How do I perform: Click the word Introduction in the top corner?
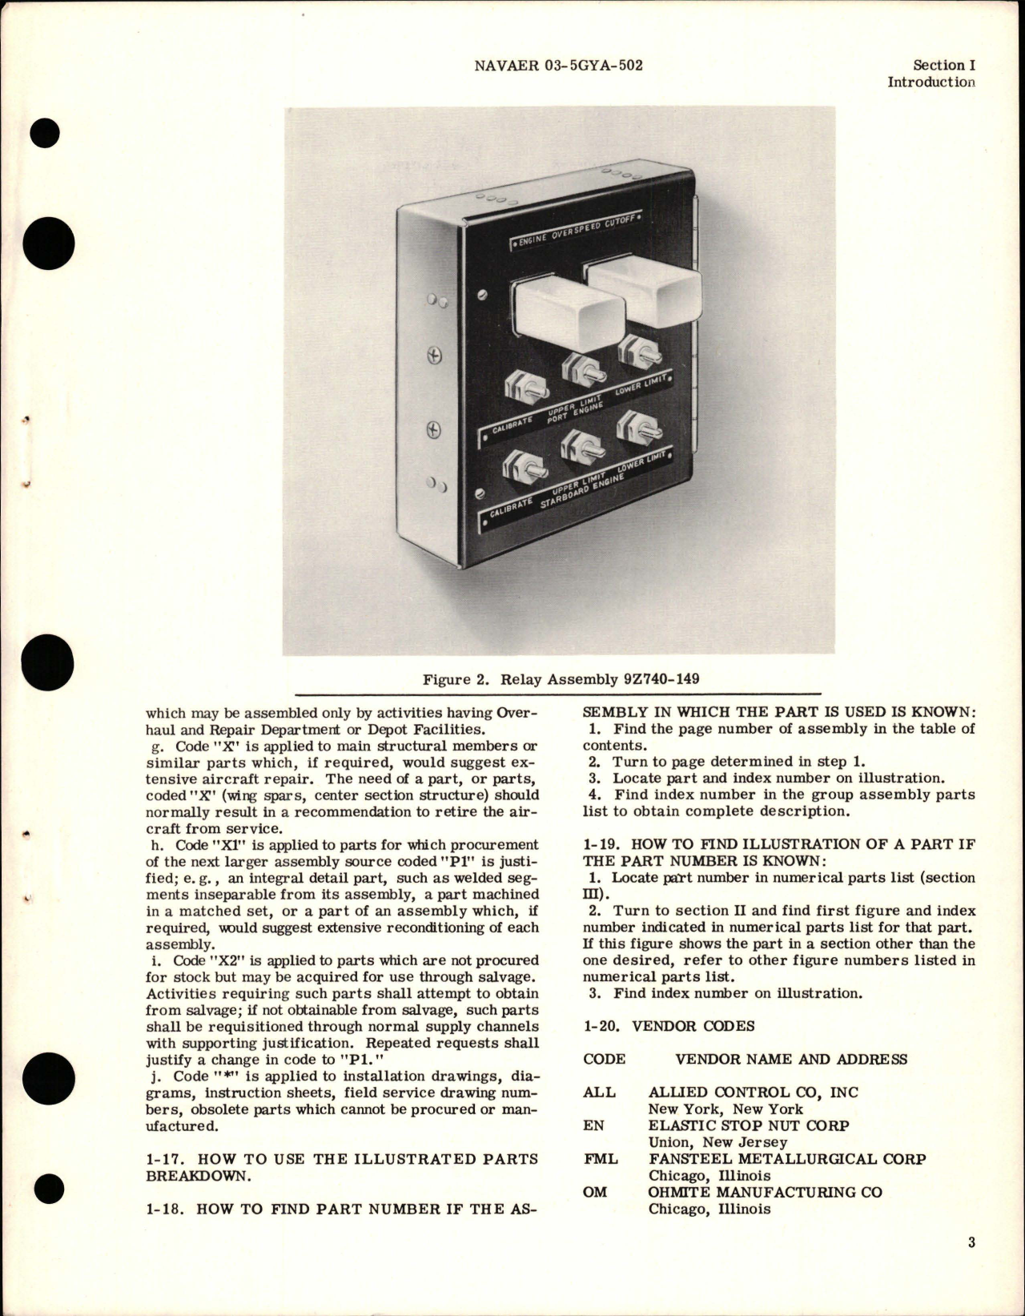pos(931,82)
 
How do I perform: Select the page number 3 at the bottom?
pos(971,1265)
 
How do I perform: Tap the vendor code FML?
pos(601,1158)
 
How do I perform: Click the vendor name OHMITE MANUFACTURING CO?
pos(765,1192)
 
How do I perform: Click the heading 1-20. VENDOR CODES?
pos(669,1026)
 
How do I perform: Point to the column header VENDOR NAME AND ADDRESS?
pos(791,1059)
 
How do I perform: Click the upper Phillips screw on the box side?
pos(436,356)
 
